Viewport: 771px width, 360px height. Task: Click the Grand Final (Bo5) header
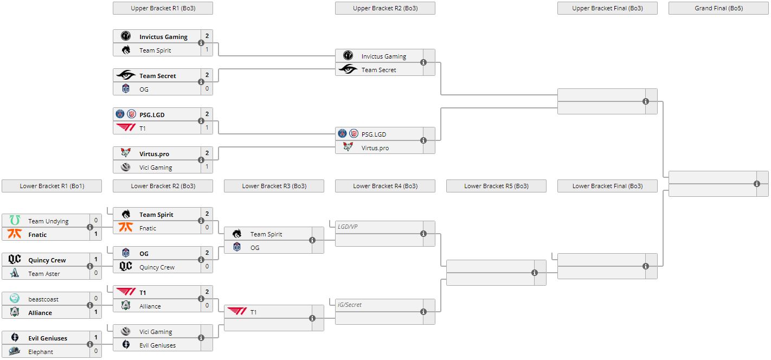point(718,8)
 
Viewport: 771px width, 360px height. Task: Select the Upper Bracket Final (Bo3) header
point(607,8)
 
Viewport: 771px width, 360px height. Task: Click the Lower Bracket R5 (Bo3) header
point(496,186)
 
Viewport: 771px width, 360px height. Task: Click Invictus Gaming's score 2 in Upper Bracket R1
point(207,36)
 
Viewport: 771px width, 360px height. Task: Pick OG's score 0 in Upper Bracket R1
point(207,89)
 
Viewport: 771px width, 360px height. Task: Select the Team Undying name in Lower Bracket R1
point(48,221)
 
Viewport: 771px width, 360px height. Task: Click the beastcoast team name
point(43,299)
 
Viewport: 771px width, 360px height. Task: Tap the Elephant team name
point(41,352)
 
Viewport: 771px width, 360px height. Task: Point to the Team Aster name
point(44,274)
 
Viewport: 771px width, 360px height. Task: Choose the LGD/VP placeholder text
point(348,227)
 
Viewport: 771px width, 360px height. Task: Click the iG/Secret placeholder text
point(349,305)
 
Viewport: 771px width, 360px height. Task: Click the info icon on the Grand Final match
point(757,184)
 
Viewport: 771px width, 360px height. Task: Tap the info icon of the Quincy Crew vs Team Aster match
point(90,266)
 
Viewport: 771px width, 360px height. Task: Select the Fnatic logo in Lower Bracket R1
point(15,234)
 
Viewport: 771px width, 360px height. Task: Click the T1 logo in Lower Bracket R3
point(237,311)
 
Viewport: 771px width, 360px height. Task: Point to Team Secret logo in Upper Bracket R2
point(348,69)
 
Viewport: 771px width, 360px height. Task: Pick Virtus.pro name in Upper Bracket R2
point(375,148)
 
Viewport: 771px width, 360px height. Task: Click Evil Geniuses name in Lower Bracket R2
point(158,345)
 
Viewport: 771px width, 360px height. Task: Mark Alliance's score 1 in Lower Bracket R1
point(96,312)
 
